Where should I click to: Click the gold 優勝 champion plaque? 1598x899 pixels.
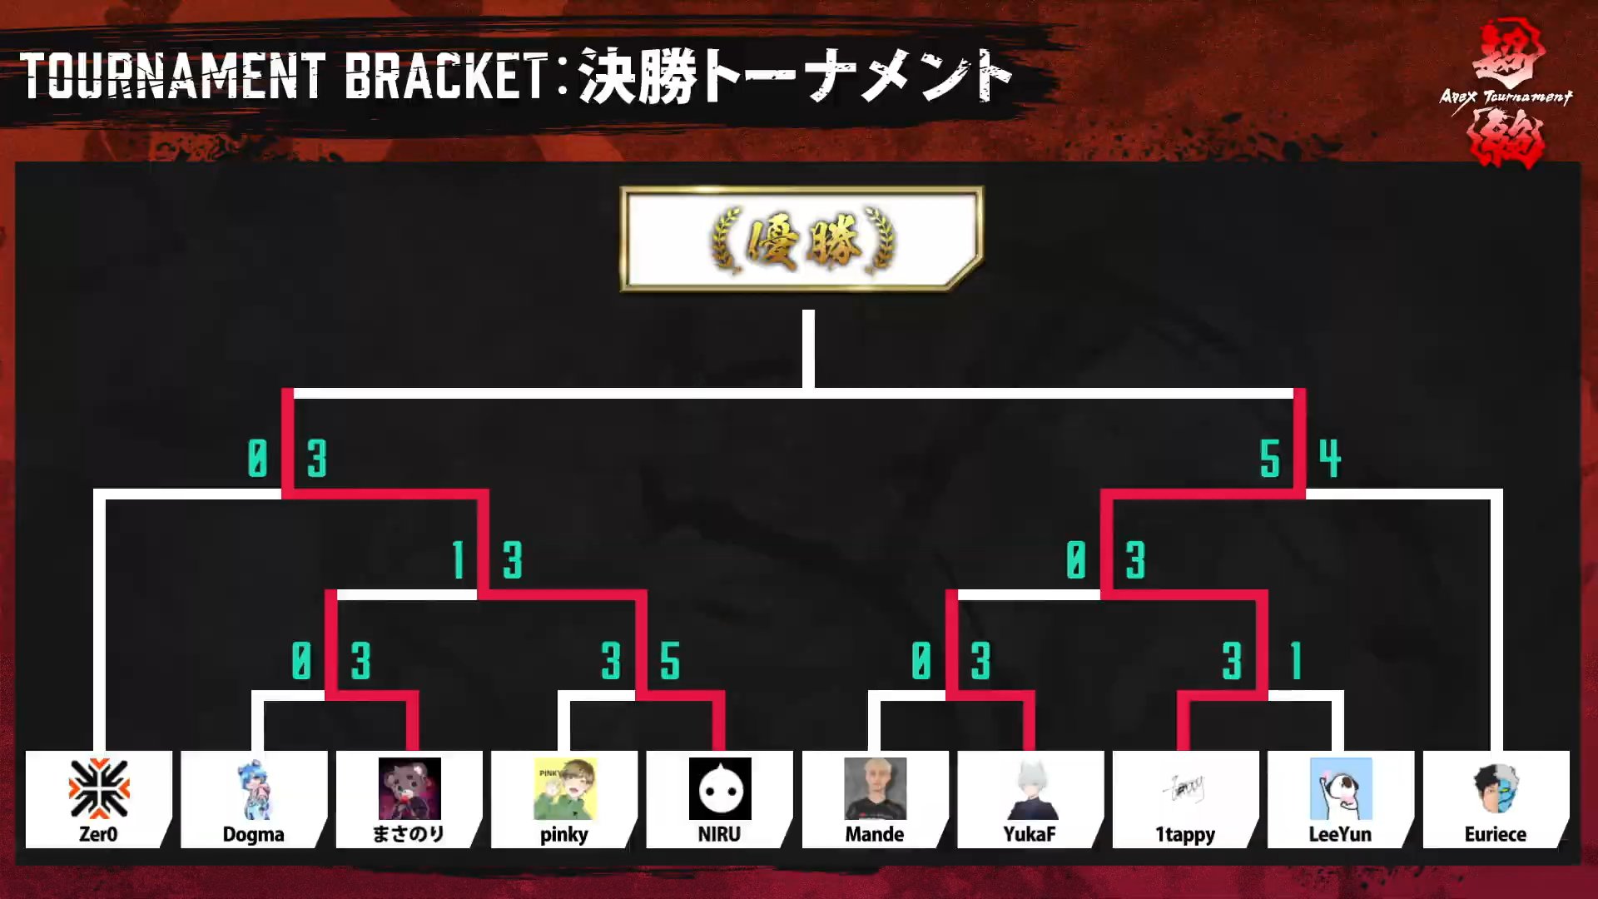[801, 240]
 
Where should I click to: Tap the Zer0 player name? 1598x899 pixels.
[98, 834]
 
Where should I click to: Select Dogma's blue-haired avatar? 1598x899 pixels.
[254, 789]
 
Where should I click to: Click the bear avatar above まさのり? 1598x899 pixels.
[409, 788]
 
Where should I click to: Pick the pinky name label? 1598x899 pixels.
[563, 835]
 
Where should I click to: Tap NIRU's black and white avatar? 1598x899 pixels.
[720, 788]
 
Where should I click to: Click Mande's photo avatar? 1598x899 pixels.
[875, 788]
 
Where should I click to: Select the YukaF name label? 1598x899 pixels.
[1030, 834]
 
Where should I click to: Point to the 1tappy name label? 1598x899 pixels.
[1185, 834]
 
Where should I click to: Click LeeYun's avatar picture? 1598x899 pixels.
[1340, 788]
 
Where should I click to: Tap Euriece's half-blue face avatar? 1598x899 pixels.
[1496, 789]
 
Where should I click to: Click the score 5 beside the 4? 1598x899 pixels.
[1269, 459]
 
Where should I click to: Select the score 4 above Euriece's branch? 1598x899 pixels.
[1330, 459]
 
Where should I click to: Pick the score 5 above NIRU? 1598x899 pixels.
[670, 662]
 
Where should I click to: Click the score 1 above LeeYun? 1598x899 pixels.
[1296, 662]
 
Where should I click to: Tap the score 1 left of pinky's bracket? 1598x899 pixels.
[458, 559]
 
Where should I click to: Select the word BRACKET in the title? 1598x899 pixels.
[445, 77]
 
